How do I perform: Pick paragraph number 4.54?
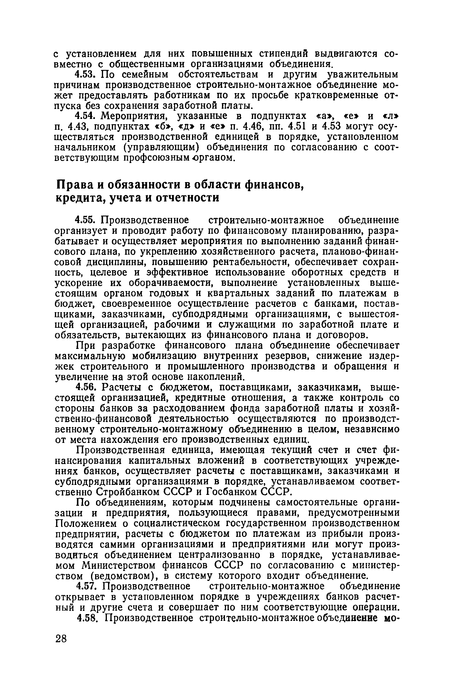coord(86,116)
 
